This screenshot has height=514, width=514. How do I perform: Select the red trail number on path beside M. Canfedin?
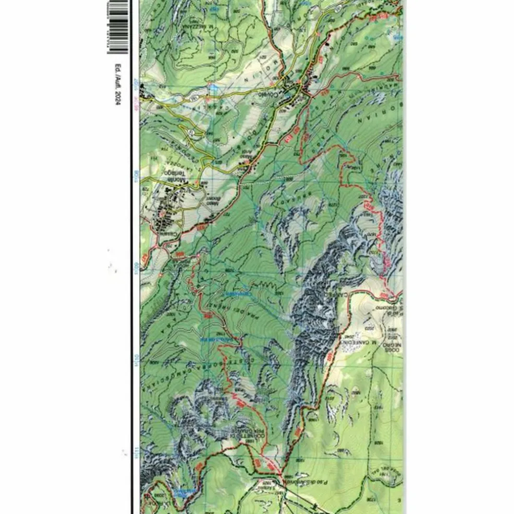click(x=330, y=357)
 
